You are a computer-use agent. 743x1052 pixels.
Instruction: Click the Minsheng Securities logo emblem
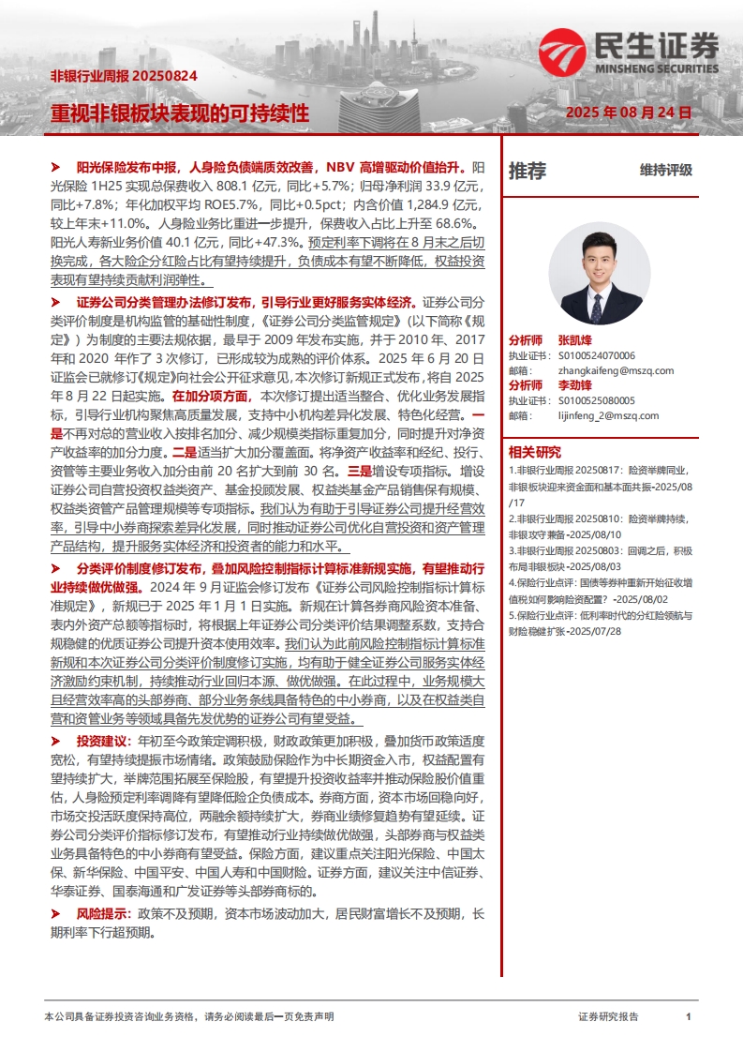click(x=560, y=52)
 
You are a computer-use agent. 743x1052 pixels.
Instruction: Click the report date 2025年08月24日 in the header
click(x=629, y=113)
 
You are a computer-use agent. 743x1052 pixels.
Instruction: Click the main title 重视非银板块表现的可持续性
click(x=179, y=113)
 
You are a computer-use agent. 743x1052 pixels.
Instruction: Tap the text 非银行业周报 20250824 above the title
click(x=123, y=77)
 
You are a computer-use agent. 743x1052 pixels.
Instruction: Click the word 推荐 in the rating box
click(x=527, y=172)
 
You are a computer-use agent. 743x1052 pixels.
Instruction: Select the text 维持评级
click(x=666, y=171)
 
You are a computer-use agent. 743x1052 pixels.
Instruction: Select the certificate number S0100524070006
click(x=596, y=355)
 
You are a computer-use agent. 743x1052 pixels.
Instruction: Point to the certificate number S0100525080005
click(x=596, y=400)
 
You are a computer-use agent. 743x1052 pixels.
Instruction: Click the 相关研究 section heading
click(x=534, y=452)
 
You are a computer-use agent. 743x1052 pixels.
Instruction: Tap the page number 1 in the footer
click(x=689, y=1016)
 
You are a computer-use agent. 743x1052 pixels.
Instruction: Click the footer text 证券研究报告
click(x=609, y=1016)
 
